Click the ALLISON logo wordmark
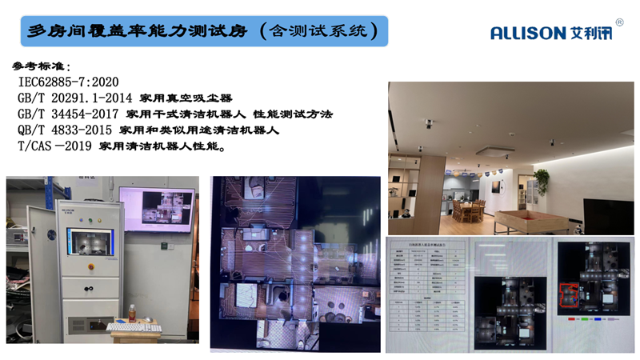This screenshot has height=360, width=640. point(529,33)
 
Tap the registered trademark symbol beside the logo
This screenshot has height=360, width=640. point(619,22)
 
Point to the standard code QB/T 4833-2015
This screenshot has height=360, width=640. point(65,130)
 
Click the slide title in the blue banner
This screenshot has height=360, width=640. point(203,31)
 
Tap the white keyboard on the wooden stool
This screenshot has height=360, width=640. point(127,327)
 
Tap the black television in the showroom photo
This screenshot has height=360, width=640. point(607,215)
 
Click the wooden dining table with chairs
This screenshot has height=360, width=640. point(467,210)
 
